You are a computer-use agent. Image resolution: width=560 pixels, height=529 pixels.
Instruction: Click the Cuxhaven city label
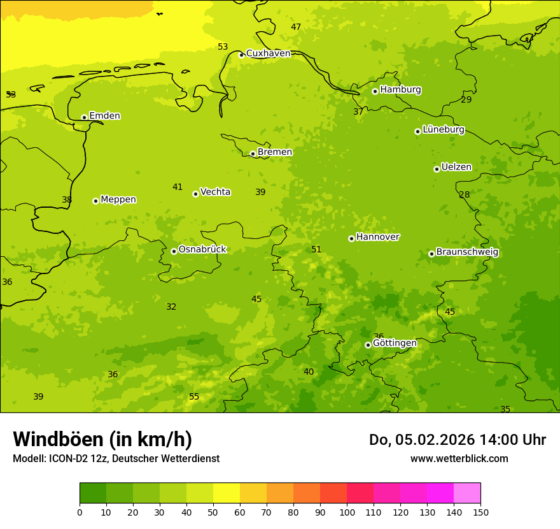268,54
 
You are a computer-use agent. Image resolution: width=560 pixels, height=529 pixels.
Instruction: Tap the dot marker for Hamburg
375,91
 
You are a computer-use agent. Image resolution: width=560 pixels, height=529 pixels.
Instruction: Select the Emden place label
104,116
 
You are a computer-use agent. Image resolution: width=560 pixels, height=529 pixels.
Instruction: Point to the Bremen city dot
253,154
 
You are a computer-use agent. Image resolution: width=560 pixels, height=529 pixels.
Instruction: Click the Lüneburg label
443,130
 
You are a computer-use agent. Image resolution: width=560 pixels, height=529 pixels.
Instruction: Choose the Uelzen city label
456,168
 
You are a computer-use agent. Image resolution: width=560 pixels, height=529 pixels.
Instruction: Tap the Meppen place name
118,199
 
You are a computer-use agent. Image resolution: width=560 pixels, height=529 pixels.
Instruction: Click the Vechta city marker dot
195,194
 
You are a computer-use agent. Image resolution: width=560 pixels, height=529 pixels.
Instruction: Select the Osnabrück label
202,250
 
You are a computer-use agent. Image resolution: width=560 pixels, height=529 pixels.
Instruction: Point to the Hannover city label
377,237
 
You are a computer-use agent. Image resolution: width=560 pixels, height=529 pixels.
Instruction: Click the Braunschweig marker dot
431,254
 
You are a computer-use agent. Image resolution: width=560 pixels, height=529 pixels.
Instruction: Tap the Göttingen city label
395,344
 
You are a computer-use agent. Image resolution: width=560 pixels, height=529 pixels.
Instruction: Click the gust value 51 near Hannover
316,250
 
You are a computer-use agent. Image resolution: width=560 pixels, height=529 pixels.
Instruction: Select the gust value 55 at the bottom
194,397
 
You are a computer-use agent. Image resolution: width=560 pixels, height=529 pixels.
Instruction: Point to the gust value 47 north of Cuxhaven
296,27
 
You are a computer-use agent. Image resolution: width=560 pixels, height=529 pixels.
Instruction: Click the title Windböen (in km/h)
102,439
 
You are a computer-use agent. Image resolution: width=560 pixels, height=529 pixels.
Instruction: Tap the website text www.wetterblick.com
459,459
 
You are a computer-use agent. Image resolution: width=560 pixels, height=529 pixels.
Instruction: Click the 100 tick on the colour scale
347,512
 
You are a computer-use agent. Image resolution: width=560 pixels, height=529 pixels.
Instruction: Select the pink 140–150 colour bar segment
467,493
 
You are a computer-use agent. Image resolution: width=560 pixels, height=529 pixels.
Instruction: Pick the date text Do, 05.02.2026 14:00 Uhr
457,440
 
